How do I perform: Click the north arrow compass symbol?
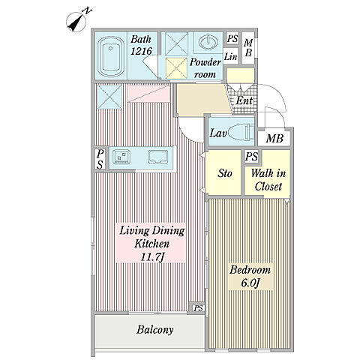77,22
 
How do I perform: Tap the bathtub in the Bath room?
111,57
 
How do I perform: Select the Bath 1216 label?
141,45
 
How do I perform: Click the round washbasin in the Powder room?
208,41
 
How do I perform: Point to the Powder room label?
205,68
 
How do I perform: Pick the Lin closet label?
230,57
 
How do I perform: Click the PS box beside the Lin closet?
232,38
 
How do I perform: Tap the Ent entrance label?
244,100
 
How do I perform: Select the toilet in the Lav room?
241,133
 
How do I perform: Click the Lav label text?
218,133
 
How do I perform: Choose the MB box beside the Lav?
274,138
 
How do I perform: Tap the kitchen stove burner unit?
121,157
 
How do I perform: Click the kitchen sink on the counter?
157,157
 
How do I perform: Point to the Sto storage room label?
225,173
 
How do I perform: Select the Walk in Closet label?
268,180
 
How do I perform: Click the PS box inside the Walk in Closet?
251,157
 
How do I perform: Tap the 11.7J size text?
151,256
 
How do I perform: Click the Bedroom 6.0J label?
250,277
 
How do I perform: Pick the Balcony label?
155,329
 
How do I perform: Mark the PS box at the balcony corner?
198,308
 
